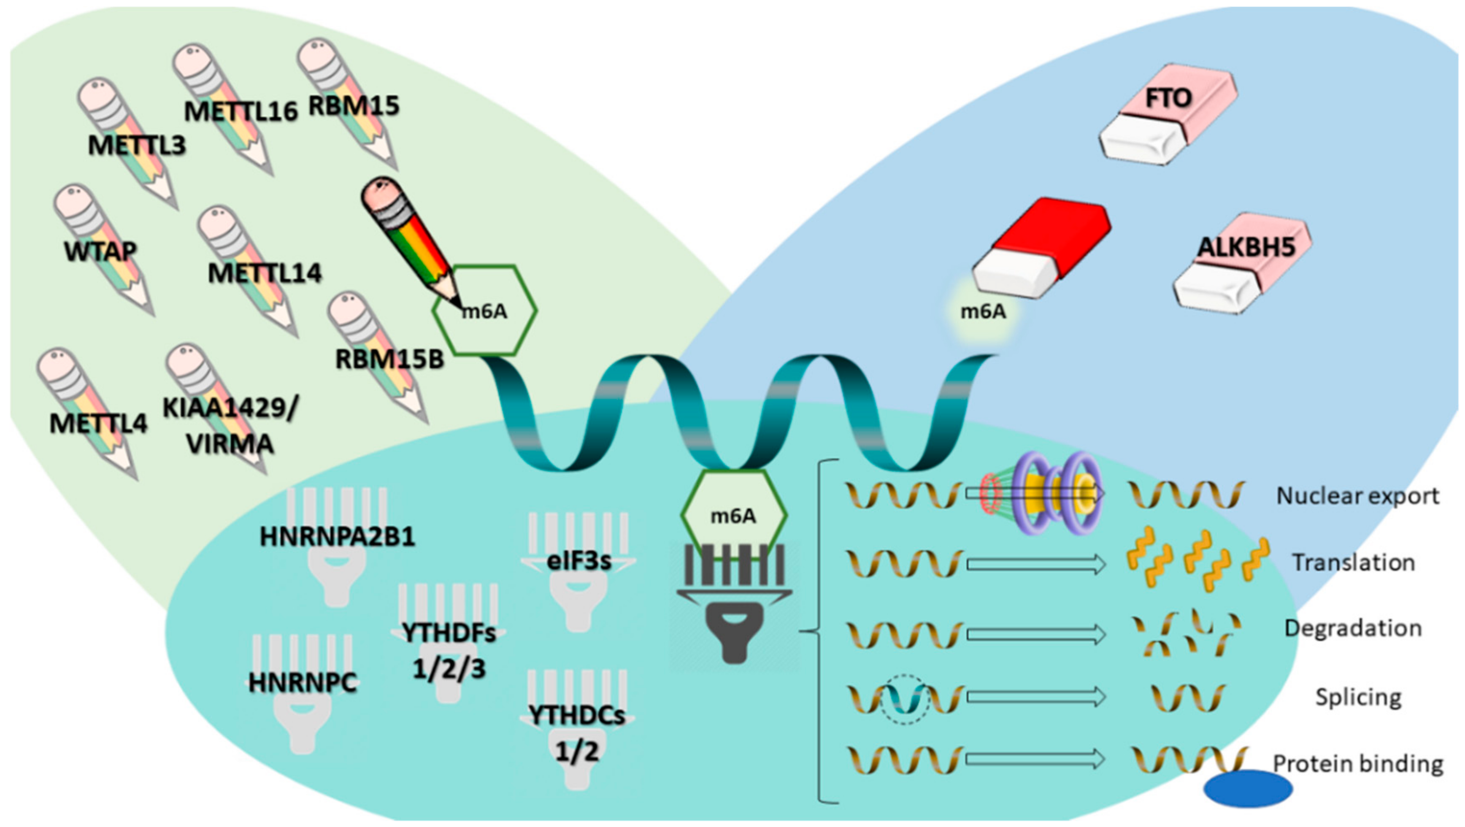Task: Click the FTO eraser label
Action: coord(1168,98)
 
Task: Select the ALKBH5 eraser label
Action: coord(1246,247)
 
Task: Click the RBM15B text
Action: coord(389,359)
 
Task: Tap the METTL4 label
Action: coord(98,424)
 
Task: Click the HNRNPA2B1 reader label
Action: coord(337,536)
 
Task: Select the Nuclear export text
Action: coord(1357,496)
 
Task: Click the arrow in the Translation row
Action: coord(1035,564)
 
